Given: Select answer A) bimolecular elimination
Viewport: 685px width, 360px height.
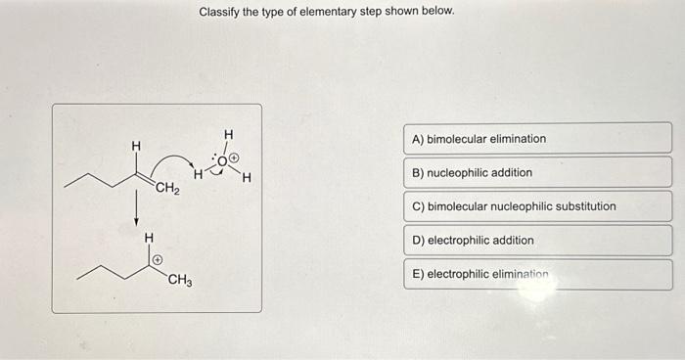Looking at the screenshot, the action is coord(536,139).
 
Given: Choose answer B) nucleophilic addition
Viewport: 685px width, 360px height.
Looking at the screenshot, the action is coord(536,173).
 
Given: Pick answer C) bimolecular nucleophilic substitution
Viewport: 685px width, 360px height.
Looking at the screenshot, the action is coord(536,206).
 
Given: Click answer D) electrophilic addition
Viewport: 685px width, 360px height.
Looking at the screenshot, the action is coord(536,241).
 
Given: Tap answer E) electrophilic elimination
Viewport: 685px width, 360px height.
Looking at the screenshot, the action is coord(536,275).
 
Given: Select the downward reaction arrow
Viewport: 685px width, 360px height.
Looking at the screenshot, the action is coord(137,208).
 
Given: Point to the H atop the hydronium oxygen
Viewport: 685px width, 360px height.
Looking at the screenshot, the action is coord(228,133).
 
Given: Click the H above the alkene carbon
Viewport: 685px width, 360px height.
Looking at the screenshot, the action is coord(136,146).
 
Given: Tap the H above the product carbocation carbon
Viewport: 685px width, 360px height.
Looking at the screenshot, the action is coord(148,237).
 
